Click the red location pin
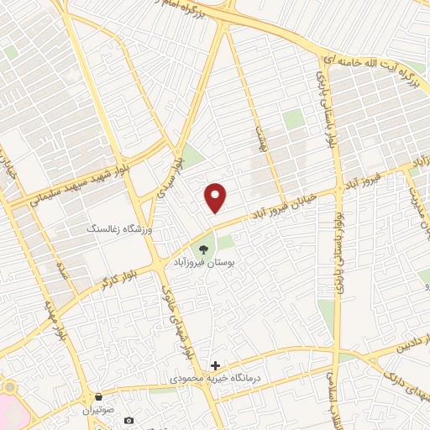pyautogui.click(x=216, y=197)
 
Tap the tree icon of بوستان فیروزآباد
pyautogui.click(x=202, y=249)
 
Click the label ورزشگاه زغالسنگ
pyautogui.click(x=117, y=228)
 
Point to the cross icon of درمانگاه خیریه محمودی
pyautogui.click(x=216, y=365)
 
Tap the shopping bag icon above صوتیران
pyautogui.click(x=100, y=396)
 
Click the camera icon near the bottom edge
pyautogui.click(x=128, y=420)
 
